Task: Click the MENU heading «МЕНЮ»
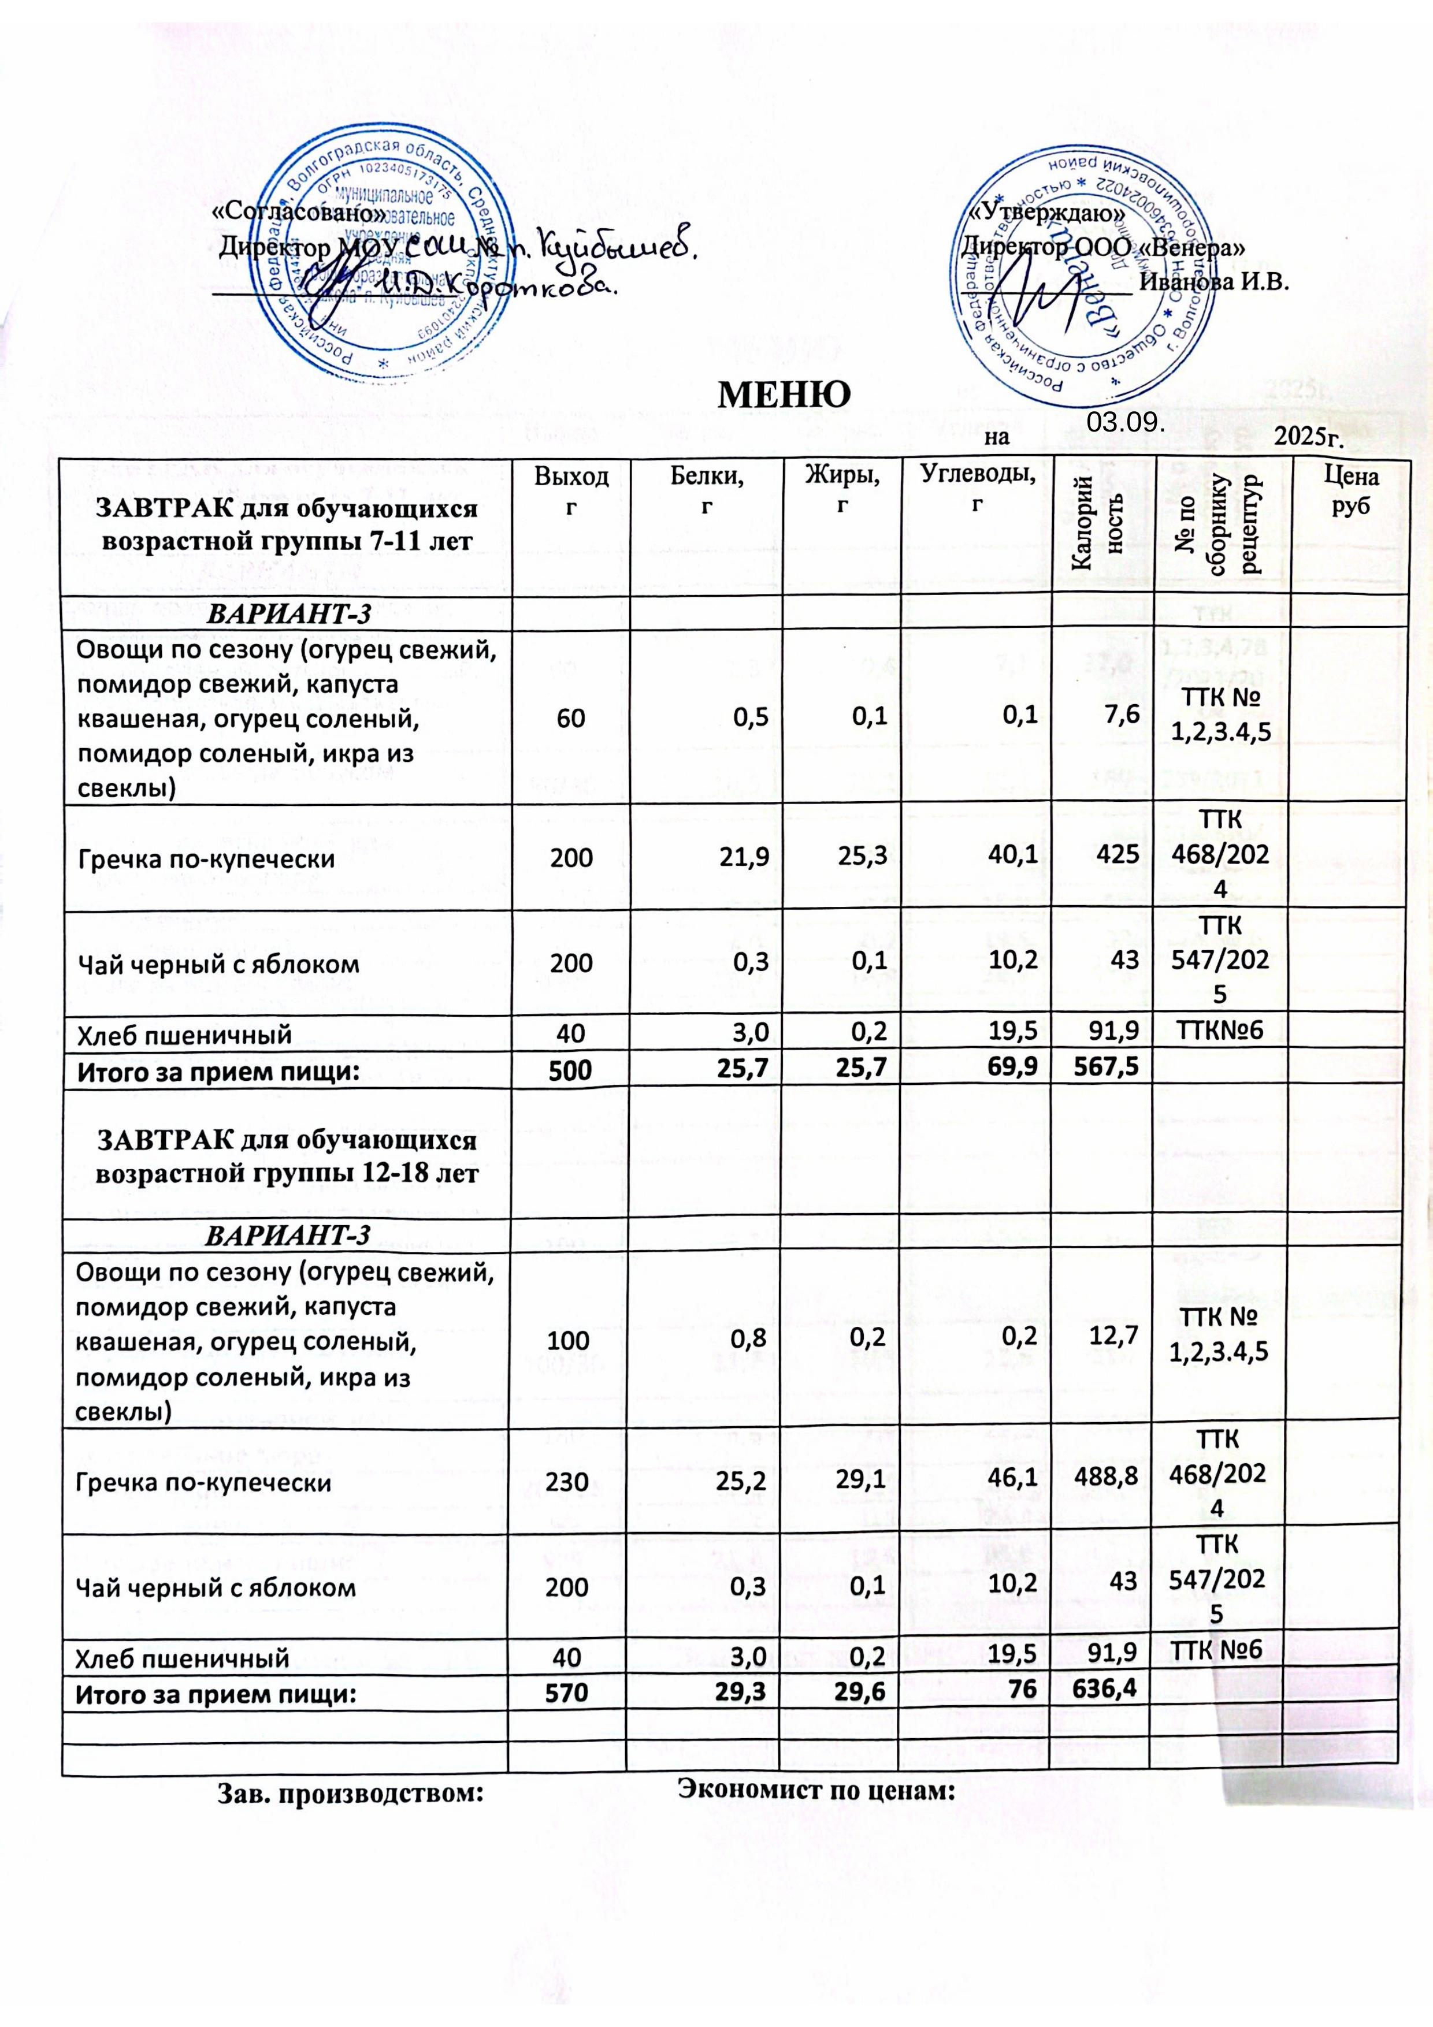tap(786, 396)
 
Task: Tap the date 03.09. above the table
tap(1122, 422)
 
